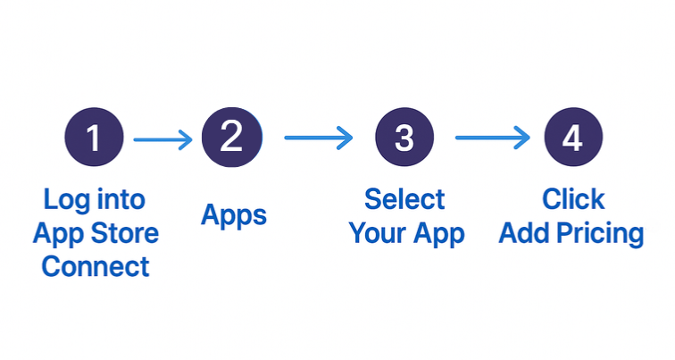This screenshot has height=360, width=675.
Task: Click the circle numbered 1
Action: (x=94, y=138)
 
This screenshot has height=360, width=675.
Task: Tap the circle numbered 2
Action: (x=231, y=137)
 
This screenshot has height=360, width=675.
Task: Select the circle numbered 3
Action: (x=404, y=138)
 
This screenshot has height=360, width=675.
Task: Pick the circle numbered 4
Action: (x=572, y=138)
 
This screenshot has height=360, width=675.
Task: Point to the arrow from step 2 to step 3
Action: (x=318, y=138)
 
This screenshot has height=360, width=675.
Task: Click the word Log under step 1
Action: (x=65, y=200)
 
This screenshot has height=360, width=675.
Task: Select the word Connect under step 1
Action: (x=96, y=266)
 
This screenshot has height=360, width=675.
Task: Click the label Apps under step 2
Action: (x=234, y=215)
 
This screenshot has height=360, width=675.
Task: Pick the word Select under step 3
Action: (x=404, y=198)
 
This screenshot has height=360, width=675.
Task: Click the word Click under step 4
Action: (x=573, y=198)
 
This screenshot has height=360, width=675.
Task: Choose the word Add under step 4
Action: (x=526, y=233)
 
